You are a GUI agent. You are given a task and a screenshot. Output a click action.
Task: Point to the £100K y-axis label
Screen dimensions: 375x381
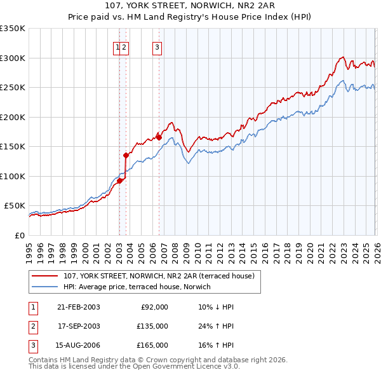[13, 176]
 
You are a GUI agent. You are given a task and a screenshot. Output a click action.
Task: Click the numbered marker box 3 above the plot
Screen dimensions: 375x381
[157, 46]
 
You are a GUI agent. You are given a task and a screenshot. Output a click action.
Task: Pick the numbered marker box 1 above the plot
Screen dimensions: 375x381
[118, 46]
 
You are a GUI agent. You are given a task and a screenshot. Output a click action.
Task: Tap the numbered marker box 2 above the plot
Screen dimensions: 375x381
[125, 46]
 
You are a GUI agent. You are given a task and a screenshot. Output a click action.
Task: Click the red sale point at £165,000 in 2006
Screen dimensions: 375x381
[159, 137]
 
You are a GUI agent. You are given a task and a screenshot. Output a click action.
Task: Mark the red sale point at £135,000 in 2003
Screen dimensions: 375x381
[126, 155]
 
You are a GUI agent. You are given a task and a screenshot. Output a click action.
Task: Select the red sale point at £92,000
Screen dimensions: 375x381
[119, 181]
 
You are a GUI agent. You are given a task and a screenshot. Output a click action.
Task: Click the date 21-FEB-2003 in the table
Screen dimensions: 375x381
[78, 307]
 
